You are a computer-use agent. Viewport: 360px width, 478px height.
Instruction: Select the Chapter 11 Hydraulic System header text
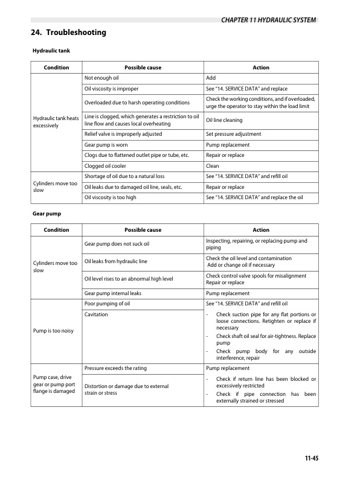265,20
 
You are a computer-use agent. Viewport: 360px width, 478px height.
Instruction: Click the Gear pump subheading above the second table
48,213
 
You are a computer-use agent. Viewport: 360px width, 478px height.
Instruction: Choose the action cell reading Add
211,78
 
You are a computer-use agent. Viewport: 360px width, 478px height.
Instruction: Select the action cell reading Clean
213,165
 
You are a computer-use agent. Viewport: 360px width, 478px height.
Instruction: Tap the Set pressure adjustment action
233,133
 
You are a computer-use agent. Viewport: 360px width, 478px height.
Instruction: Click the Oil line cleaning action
224,119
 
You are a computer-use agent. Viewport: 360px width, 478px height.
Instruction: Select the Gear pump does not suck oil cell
117,244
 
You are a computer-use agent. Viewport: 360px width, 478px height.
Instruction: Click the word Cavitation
96,314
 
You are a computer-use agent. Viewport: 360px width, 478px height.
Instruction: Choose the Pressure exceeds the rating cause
115,368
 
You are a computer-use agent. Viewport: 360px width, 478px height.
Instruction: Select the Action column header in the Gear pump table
261,229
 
